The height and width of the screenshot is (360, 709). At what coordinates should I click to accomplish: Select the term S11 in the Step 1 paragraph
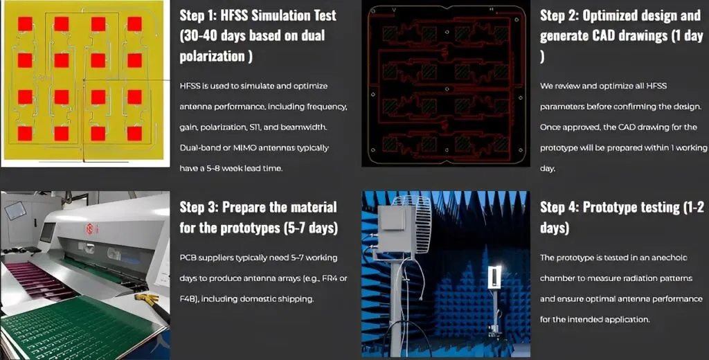(254, 127)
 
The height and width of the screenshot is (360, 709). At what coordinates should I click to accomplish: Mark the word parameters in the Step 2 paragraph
(562, 107)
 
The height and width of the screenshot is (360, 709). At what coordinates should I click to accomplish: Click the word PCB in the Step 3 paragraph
(187, 258)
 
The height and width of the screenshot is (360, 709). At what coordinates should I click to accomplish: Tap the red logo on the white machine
(89, 230)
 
